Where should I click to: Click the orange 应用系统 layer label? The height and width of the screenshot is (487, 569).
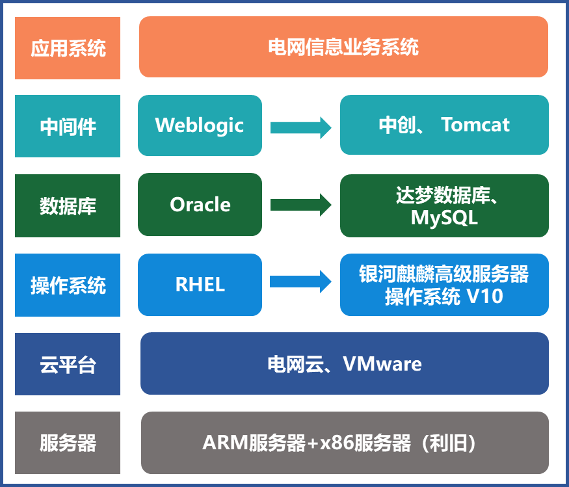point(68,48)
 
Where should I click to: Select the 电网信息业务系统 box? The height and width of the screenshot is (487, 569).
point(343,47)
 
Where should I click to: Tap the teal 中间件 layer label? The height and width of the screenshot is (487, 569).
point(68,126)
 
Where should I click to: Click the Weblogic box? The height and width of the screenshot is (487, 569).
point(200,125)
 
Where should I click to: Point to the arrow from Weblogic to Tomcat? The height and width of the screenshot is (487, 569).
point(300,126)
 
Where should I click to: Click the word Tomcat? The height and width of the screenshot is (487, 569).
point(475,125)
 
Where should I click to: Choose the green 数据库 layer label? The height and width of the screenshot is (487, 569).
point(68,206)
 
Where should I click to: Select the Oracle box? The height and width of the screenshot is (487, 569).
point(200,204)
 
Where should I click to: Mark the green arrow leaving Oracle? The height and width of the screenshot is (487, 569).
point(300,205)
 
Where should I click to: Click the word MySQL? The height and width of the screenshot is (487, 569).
point(444,218)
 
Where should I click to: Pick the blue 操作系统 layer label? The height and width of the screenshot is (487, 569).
point(68,285)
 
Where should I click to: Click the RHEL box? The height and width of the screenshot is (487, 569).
point(200,284)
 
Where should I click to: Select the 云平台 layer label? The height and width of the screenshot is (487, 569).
point(68,364)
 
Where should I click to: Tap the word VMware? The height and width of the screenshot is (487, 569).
point(382,364)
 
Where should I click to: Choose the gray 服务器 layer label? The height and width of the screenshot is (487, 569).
point(68,443)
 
